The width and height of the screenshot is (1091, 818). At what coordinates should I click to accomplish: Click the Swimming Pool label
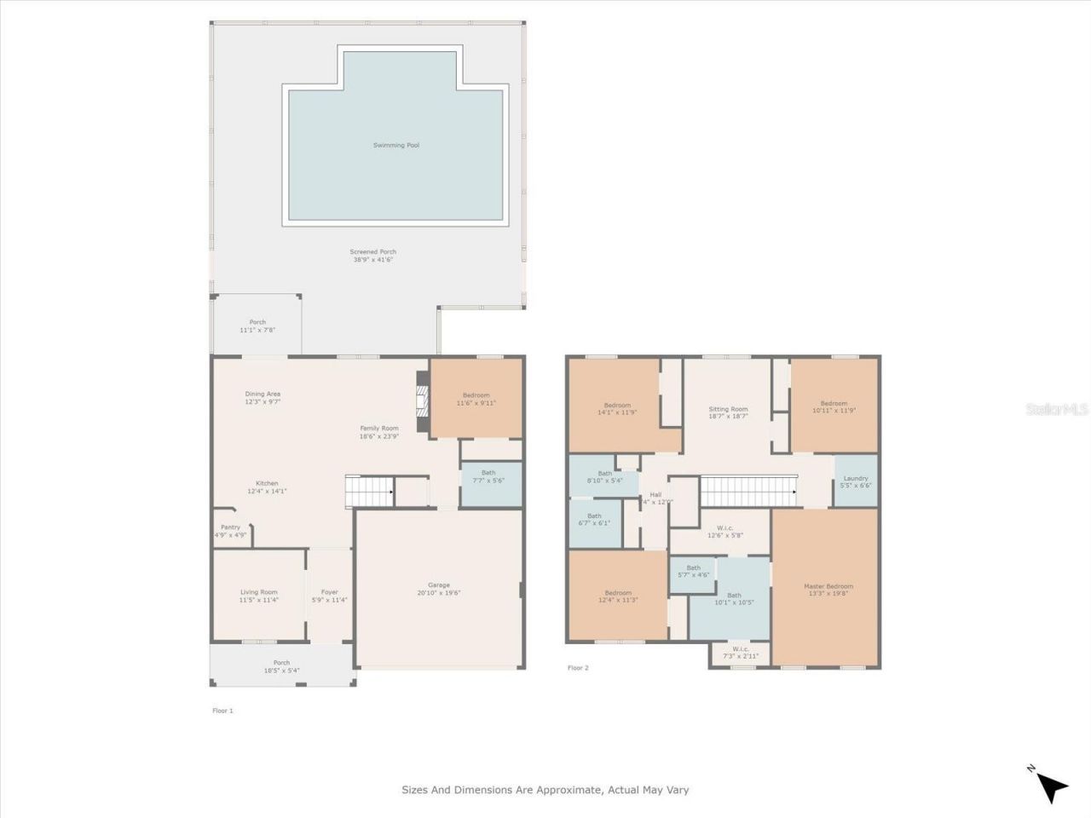tap(395, 146)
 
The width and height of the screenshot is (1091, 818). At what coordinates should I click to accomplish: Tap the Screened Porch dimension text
tap(372, 260)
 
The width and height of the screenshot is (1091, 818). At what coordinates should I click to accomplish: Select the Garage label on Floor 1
tap(438, 585)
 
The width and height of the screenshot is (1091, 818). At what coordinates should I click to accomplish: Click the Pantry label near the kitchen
tap(230, 527)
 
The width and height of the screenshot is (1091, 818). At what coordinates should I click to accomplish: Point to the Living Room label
tap(258, 592)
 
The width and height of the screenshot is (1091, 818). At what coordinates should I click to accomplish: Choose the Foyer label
tap(329, 592)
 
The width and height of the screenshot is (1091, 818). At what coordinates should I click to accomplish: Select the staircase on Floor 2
tap(748, 492)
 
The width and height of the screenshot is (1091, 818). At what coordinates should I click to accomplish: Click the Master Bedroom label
tap(828, 586)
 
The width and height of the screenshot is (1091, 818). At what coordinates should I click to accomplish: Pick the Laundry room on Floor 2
tap(855, 481)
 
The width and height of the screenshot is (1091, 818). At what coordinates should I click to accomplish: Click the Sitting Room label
tap(728, 409)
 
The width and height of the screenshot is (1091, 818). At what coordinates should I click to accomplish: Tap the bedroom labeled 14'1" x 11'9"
tap(617, 408)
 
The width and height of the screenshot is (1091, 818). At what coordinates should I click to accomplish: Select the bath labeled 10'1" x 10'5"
tap(734, 599)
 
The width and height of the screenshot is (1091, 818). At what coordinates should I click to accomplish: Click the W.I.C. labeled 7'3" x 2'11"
tap(740, 652)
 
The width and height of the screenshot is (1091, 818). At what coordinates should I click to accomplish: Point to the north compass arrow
tap(1052, 786)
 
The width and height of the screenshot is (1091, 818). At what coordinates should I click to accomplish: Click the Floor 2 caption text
tap(578, 668)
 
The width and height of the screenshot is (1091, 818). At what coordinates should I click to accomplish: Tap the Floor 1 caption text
tap(222, 711)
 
